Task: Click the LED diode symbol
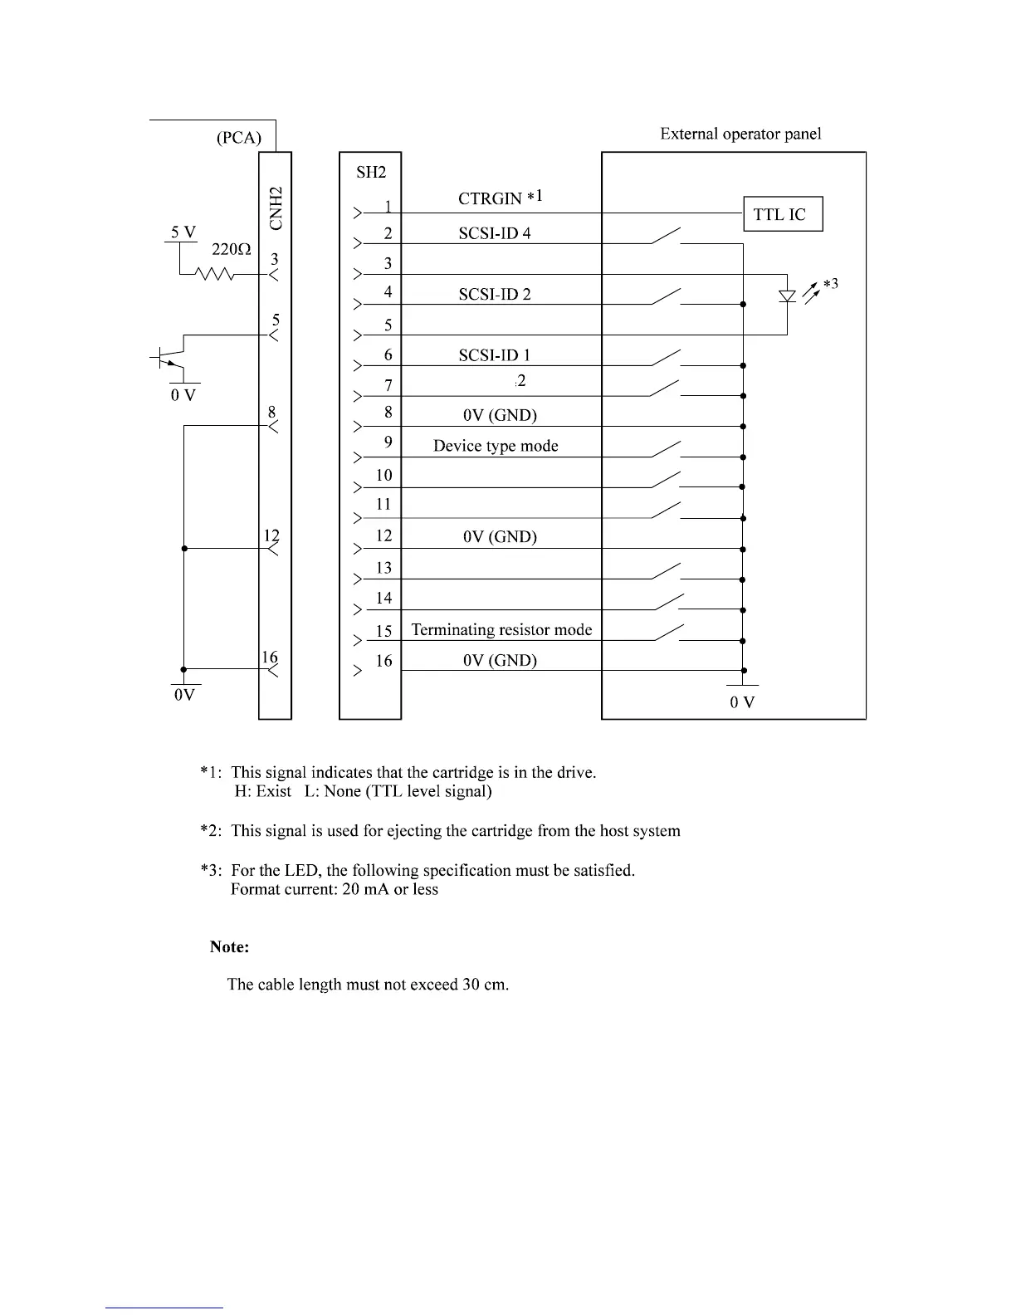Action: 787,295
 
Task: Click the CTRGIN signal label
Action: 490,198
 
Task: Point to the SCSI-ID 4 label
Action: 495,233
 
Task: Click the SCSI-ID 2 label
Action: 495,294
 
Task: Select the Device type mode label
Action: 496,446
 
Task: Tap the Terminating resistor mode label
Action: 501,629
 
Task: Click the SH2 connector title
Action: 371,172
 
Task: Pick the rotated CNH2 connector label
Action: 277,208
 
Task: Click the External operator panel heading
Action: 740,134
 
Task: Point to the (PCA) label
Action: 239,138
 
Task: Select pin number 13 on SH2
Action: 383,568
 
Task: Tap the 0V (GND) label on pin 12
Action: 500,536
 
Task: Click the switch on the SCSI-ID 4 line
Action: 667,236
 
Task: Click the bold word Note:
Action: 230,946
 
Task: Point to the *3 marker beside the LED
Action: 830,284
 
